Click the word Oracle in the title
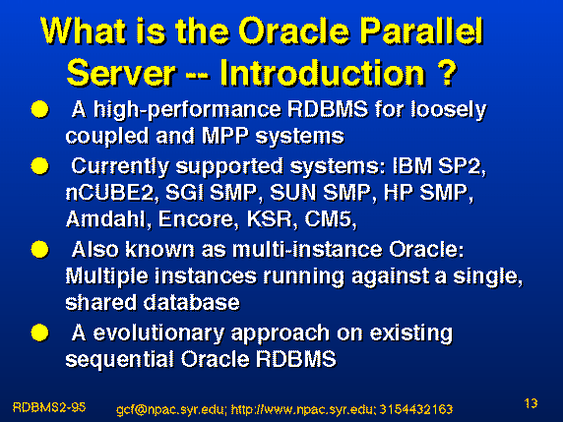click(293, 30)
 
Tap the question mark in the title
click(447, 73)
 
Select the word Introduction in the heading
click(323, 73)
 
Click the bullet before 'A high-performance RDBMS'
click(39, 109)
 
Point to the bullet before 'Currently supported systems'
click(39, 166)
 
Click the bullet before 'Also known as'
click(39, 249)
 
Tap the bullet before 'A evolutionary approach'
click(39, 332)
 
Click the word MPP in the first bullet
click(224, 136)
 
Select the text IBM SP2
click(439, 166)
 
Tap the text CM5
click(330, 219)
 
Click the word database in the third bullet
click(191, 302)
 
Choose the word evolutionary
click(158, 332)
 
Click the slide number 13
click(531, 403)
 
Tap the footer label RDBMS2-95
click(49, 407)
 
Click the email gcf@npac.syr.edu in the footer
click(171, 409)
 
